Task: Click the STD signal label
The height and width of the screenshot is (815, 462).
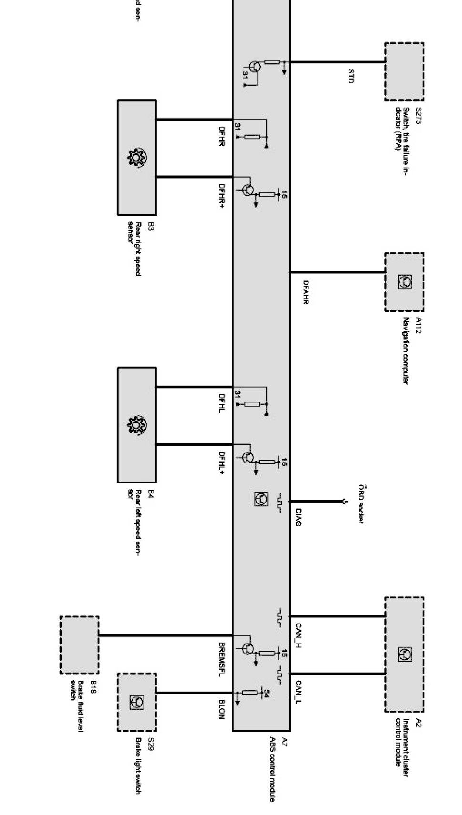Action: point(351,76)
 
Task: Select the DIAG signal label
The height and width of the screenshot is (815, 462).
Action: point(298,517)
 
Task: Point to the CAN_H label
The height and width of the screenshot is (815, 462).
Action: point(299,635)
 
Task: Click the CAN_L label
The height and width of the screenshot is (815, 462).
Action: point(299,692)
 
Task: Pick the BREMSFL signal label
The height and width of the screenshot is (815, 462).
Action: point(222,659)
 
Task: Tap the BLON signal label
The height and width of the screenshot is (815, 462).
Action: point(222,709)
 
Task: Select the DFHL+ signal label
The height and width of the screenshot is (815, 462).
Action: point(222,463)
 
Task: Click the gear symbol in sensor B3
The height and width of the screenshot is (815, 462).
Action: point(137,158)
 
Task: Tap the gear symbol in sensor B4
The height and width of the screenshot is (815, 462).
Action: point(137,425)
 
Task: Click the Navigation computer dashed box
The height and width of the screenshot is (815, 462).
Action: point(404,282)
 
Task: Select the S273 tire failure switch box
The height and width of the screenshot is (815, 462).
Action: point(404,71)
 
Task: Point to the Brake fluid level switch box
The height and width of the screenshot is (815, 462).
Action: point(80,644)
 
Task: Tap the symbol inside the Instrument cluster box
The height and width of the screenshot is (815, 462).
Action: point(404,654)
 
